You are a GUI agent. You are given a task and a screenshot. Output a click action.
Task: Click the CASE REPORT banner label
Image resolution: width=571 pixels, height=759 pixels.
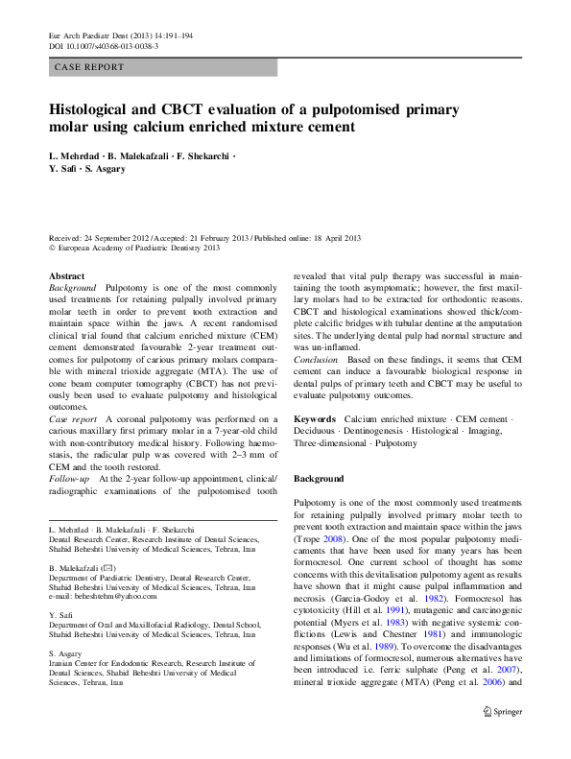89,67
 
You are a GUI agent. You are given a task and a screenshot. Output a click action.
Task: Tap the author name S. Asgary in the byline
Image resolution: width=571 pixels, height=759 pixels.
106,169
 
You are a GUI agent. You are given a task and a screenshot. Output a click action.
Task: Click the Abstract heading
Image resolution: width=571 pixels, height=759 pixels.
66,275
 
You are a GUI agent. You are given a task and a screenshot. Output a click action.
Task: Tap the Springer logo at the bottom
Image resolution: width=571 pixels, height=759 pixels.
501,739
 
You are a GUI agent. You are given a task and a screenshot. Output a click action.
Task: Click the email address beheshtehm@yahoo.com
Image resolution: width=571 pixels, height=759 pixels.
111,597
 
